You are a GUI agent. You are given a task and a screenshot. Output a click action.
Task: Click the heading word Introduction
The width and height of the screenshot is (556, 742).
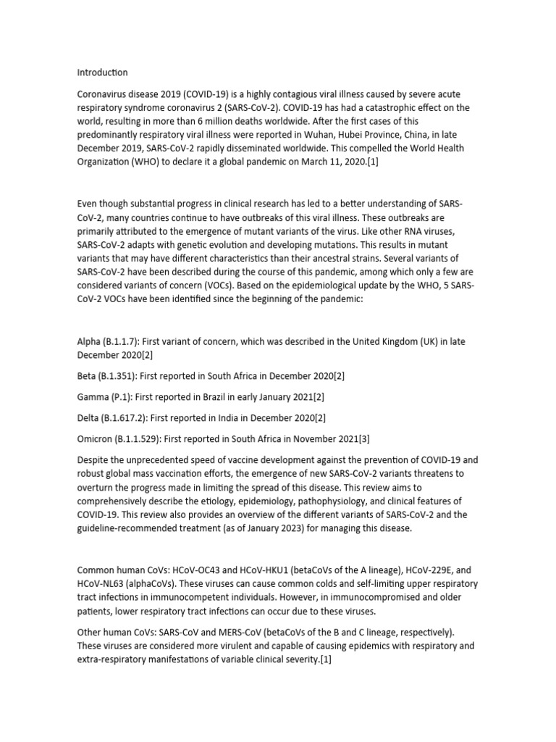point(102,72)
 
